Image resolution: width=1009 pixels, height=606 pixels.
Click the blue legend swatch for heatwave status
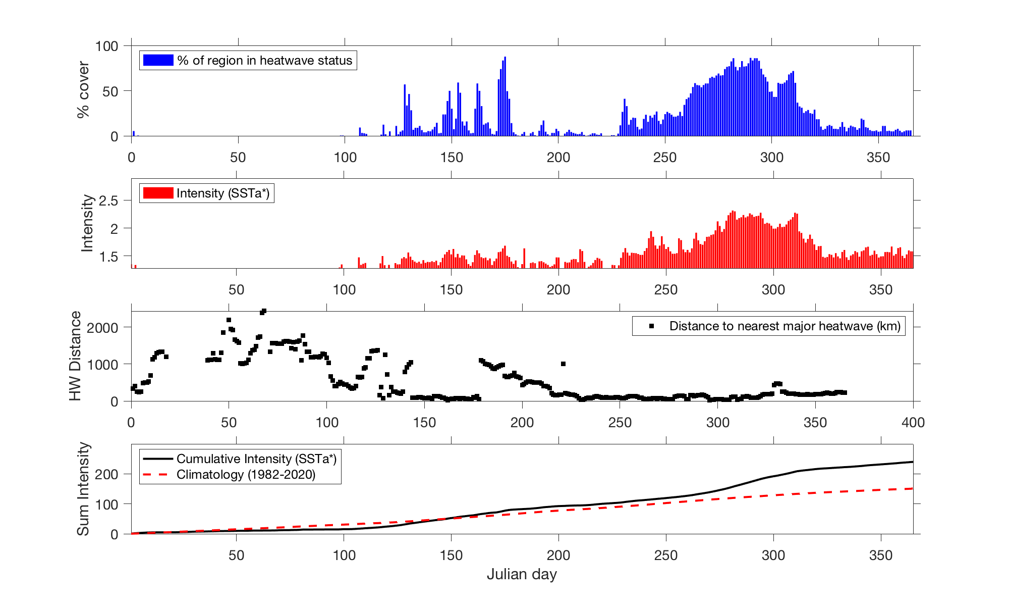(x=158, y=60)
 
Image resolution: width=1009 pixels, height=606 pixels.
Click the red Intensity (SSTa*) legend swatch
(x=158, y=193)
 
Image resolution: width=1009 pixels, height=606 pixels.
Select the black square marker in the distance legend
(x=651, y=326)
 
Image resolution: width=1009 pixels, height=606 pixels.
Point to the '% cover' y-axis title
(x=83, y=90)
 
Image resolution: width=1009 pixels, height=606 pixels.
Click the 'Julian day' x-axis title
(x=522, y=574)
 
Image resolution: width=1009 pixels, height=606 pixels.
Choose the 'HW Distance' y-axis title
(x=75, y=356)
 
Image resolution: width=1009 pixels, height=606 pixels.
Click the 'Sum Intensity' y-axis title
(x=83, y=489)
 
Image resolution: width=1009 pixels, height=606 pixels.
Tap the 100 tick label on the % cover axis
(x=106, y=46)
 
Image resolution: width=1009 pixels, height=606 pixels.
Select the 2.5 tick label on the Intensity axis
(x=108, y=200)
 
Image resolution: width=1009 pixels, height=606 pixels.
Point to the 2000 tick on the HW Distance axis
(x=102, y=327)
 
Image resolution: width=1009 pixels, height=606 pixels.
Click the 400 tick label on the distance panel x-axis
(x=913, y=422)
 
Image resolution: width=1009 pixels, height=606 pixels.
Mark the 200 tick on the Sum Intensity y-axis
(x=106, y=474)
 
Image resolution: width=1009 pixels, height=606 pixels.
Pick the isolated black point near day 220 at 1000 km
(x=563, y=364)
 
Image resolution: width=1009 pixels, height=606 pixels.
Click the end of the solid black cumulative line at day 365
(x=913, y=462)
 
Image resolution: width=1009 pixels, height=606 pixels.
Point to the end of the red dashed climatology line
(x=913, y=488)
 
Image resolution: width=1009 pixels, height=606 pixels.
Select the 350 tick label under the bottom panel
(x=881, y=555)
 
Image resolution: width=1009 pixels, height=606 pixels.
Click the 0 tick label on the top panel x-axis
(x=132, y=158)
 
